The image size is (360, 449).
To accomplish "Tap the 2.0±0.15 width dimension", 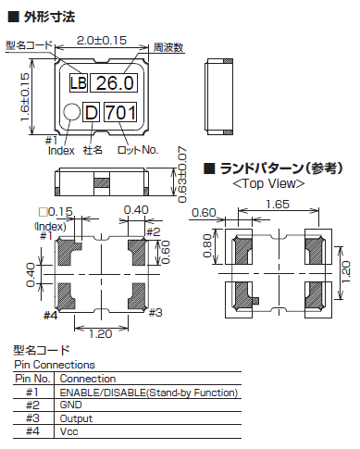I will click(x=102, y=42).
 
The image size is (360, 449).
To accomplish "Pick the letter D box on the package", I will click(x=91, y=113).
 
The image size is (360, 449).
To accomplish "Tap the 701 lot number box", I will click(x=120, y=113).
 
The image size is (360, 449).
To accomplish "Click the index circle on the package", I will click(x=71, y=113).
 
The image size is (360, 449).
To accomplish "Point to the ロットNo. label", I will click(x=139, y=150).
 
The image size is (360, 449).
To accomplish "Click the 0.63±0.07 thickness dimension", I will click(x=181, y=171).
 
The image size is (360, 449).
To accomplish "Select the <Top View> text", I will click(x=268, y=183).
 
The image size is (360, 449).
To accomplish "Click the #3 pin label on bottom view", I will click(x=154, y=313).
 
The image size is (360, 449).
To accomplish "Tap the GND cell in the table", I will click(x=71, y=405).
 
